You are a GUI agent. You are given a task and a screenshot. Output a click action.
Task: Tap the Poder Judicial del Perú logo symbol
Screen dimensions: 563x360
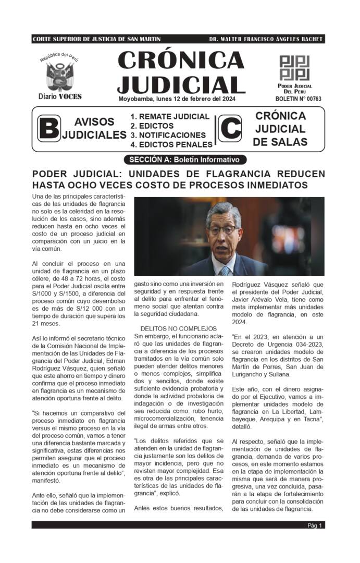point(294,68)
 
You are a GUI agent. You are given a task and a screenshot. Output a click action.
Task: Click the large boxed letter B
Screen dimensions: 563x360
point(49,129)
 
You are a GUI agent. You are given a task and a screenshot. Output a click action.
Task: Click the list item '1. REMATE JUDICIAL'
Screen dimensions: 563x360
point(170,117)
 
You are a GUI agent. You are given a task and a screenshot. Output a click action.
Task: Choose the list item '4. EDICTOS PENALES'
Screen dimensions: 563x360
point(171,144)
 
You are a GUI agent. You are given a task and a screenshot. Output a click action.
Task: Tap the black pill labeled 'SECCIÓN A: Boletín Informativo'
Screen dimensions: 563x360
point(185,160)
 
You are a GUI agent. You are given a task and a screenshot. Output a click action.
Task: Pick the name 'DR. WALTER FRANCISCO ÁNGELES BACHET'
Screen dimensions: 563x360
point(266,39)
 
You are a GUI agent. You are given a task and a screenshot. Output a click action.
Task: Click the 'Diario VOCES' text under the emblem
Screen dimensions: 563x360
point(60,97)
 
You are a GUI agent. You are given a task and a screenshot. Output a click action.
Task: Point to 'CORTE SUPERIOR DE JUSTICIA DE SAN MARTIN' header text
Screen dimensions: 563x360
point(96,39)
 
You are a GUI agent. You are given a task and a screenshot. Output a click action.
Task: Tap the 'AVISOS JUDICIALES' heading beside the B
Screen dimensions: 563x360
point(94,128)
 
